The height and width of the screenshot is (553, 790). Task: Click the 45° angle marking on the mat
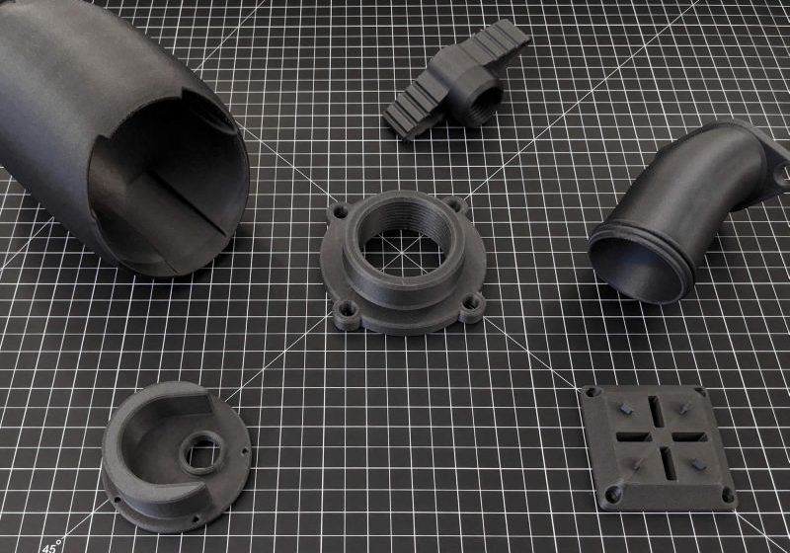tap(49, 544)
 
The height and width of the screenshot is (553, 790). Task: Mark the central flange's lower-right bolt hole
tap(472, 307)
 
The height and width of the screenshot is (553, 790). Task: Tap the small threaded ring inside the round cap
tap(204, 453)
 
